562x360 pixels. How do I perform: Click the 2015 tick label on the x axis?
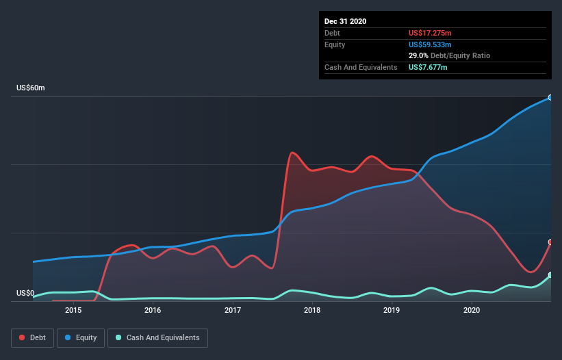click(x=73, y=311)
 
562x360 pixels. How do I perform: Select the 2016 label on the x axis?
click(x=153, y=311)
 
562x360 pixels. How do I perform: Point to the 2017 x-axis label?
click(x=233, y=311)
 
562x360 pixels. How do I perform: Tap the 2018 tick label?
click(x=312, y=311)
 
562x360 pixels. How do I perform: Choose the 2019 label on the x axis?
click(x=392, y=311)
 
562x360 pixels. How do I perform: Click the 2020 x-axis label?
click(x=472, y=311)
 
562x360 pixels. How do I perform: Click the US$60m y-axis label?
click(x=31, y=88)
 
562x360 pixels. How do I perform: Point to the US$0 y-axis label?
click(x=25, y=294)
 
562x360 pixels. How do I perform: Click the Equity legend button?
click(x=81, y=337)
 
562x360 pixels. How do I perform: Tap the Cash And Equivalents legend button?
click(x=157, y=337)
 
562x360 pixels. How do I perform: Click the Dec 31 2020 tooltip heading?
click(x=345, y=21)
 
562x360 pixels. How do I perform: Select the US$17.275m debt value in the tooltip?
click(x=430, y=33)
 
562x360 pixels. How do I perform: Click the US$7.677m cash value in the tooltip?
click(x=428, y=67)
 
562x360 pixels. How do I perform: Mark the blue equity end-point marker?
click(x=550, y=98)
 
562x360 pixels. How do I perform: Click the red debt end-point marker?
click(x=550, y=242)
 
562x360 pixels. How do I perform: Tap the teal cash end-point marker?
click(x=550, y=275)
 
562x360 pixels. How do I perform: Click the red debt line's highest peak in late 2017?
click(x=292, y=152)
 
